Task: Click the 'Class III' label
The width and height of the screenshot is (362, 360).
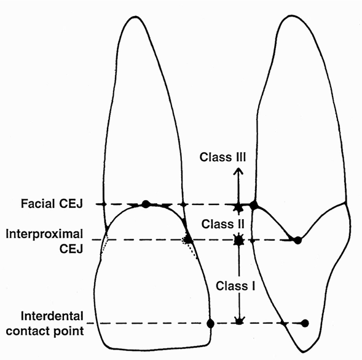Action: [x=222, y=157]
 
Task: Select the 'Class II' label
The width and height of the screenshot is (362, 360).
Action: [x=222, y=224]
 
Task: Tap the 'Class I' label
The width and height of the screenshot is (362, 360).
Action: [x=235, y=286]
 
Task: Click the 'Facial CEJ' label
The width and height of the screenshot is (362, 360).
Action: [x=52, y=204]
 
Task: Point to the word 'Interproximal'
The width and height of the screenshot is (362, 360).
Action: [x=44, y=234]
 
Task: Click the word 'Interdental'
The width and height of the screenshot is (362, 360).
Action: [x=52, y=316]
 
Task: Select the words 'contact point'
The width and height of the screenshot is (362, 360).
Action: [x=45, y=331]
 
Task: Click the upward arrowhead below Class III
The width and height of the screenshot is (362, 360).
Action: [x=238, y=172]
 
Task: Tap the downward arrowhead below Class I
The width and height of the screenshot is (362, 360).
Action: [x=239, y=320]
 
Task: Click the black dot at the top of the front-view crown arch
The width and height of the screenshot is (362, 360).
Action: [x=146, y=204]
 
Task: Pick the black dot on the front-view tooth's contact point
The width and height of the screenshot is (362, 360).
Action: [x=210, y=324]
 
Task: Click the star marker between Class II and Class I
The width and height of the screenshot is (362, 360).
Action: [x=239, y=240]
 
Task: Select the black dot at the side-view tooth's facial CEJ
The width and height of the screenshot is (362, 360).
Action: [x=254, y=205]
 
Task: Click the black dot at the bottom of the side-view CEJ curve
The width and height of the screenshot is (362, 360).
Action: [x=298, y=241]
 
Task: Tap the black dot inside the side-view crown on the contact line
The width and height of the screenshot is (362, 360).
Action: [x=305, y=323]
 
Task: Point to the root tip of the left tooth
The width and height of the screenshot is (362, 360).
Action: [x=133, y=17]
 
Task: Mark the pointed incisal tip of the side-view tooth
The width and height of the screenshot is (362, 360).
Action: [x=302, y=353]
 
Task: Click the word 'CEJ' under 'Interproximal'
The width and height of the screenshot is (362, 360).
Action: [x=71, y=249]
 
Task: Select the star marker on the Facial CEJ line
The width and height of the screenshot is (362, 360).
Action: [x=238, y=206]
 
